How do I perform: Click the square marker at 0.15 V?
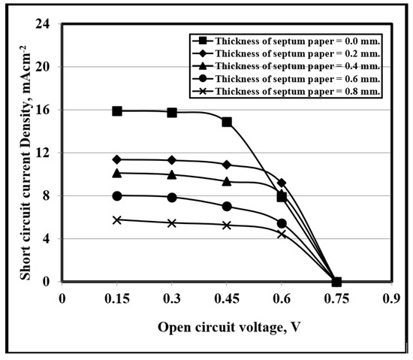pyautogui.click(x=117, y=110)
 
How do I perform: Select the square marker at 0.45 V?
pyautogui.click(x=227, y=122)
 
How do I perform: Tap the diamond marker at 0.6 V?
pyautogui.click(x=282, y=183)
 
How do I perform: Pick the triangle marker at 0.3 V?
pyautogui.click(x=172, y=175)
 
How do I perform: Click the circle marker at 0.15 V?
pyautogui.click(x=117, y=196)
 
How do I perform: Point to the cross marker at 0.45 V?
pyautogui.click(x=227, y=225)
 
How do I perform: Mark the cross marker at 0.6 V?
pyautogui.click(x=282, y=234)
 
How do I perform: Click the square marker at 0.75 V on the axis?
pyautogui.click(x=336, y=282)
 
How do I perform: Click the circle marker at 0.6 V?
pyautogui.click(x=282, y=223)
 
